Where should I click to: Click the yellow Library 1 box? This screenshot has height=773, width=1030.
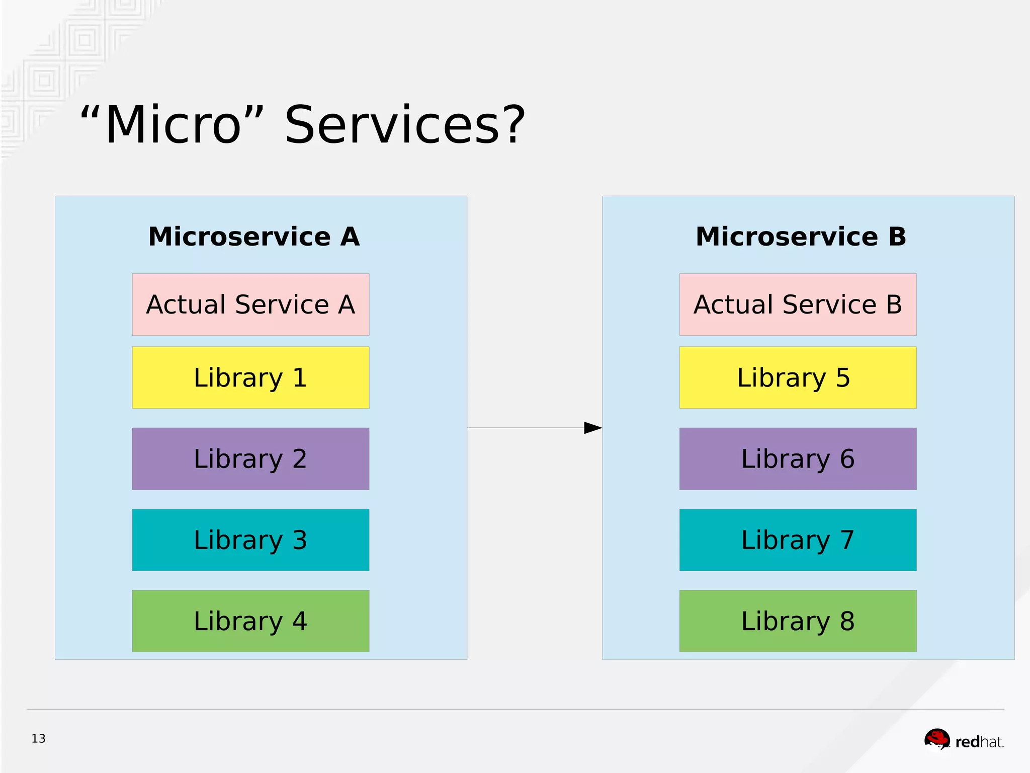point(250,377)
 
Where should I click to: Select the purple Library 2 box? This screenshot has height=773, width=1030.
point(250,458)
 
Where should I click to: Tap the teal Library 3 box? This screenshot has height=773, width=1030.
point(250,539)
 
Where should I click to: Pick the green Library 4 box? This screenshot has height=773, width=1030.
point(250,621)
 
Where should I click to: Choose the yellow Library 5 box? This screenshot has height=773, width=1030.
point(798,377)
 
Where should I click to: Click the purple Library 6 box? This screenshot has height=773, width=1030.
point(798,458)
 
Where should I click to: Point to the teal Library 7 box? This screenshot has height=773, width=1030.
point(798,539)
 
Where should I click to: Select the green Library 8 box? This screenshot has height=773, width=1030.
point(798,621)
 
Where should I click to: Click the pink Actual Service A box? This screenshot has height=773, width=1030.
point(250,304)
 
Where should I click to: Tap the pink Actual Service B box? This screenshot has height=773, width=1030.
point(798,304)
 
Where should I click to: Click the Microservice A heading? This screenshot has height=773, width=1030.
point(254,237)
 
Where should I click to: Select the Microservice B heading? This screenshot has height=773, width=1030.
point(801,237)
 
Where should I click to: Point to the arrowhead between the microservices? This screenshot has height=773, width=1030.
point(592,428)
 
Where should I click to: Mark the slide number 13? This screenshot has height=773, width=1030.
point(38,738)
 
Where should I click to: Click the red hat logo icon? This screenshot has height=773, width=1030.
point(937,739)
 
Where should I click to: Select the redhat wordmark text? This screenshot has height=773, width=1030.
point(979,742)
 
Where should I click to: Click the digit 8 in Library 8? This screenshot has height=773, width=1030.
point(847,621)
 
